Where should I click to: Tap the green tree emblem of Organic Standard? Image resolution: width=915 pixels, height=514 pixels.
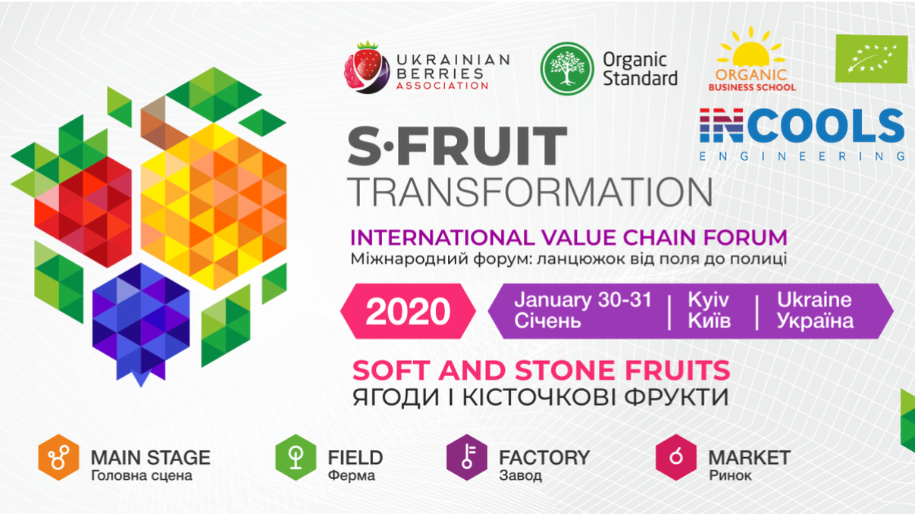pyautogui.click(x=567, y=69)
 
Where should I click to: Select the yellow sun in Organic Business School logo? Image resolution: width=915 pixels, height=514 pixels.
pyautogui.click(x=750, y=49)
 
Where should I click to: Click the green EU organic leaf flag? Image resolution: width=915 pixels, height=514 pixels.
pyautogui.click(x=871, y=58)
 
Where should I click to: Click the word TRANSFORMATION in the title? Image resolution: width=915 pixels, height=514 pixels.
pyautogui.click(x=530, y=192)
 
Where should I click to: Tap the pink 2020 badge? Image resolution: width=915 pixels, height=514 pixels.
pyautogui.click(x=408, y=312)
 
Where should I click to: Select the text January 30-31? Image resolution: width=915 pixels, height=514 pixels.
pyautogui.click(x=583, y=300)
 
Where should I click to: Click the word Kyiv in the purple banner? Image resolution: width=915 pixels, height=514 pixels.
pyautogui.click(x=708, y=300)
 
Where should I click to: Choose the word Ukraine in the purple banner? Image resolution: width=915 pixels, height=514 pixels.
pyautogui.click(x=814, y=300)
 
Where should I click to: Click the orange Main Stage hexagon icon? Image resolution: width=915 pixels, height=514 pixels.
pyautogui.click(x=58, y=457)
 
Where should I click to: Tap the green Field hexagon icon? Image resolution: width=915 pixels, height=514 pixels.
pyautogui.click(x=296, y=457)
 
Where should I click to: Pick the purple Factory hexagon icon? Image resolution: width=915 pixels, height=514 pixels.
pyautogui.click(x=467, y=457)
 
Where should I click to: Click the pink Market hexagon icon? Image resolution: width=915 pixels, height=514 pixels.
pyautogui.click(x=676, y=457)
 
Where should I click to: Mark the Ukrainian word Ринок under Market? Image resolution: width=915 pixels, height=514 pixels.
pyautogui.click(x=730, y=475)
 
